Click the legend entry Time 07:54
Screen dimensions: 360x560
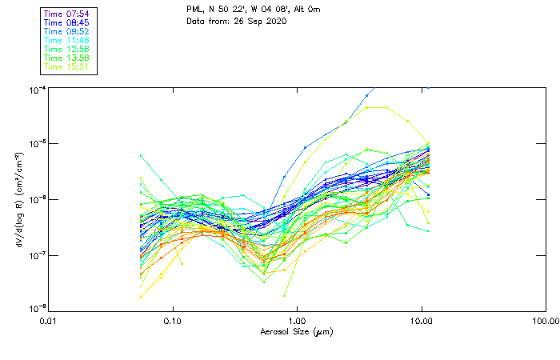coord(67,14)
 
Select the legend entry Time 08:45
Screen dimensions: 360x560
coord(67,23)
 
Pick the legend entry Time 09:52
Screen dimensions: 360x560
coord(67,32)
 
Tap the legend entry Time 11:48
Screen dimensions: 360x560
coord(67,41)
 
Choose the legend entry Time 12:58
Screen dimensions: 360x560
coord(67,50)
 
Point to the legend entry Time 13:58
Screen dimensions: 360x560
coord(67,58)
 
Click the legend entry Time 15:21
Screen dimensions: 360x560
coord(67,67)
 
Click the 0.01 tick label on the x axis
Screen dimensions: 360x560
coord(50,321)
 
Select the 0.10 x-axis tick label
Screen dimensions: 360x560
coord(173,321)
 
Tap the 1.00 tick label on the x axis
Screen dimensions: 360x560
coord(298,321)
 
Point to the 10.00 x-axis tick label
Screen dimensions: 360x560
coord(422,321)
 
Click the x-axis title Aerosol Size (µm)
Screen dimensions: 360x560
coord(296,331)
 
